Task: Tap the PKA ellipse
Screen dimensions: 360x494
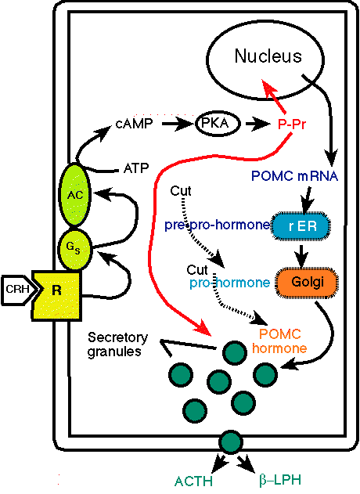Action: [x=218, y=124]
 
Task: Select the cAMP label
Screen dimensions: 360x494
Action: [x=134, y=124]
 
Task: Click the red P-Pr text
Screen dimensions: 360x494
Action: [x=292, y=124]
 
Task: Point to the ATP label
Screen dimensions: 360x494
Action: [x=136, y=168]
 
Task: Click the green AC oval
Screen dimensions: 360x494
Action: [x=75, y=195]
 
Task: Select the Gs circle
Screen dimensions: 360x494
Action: [x=75, y=249]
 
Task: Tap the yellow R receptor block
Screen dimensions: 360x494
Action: [x=56, y=296]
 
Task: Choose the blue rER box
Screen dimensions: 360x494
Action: [x=302, y=226]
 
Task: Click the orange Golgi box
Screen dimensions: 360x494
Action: [x=308, y=282]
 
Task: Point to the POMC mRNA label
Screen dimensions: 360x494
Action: [x=295, y=176]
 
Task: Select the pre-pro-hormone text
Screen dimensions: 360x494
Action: [x=218, y=225]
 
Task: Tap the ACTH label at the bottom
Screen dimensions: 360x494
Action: [x=193, y=481]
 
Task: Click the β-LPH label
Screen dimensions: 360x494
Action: [x=280, y=481]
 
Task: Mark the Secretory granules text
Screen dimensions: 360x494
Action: [x=117, y=344]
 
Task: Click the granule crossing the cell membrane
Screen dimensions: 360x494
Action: [x=231, y=442]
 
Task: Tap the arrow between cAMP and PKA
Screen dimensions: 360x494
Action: [x=177, y=124]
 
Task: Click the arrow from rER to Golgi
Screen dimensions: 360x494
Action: [x=302, y=255]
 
